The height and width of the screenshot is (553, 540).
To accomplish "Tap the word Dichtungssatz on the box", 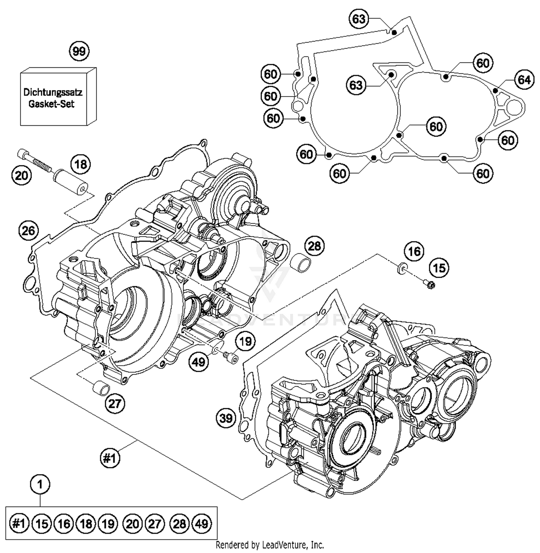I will pos(53,92).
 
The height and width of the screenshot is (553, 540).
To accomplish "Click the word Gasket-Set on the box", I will pos(51,104).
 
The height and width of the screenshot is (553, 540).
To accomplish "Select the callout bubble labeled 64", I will pos(524,79).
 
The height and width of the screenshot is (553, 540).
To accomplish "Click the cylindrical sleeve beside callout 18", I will pos(72,182).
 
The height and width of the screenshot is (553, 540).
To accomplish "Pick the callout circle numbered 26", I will pos(28,230).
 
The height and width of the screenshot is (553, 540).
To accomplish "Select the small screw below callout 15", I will pos(429,285).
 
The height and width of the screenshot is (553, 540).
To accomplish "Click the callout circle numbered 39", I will pos(226,418).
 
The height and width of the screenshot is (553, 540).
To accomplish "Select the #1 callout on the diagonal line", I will pos(109,458).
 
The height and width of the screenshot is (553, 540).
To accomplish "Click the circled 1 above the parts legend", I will pos(40,484).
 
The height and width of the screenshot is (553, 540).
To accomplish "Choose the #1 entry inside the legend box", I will pos(19,523).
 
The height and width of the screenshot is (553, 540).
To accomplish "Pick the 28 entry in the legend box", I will pos(179,523).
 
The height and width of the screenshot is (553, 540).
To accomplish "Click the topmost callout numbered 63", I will pos(359,19).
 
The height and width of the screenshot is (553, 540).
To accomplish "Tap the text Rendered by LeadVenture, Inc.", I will pos(270,545).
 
